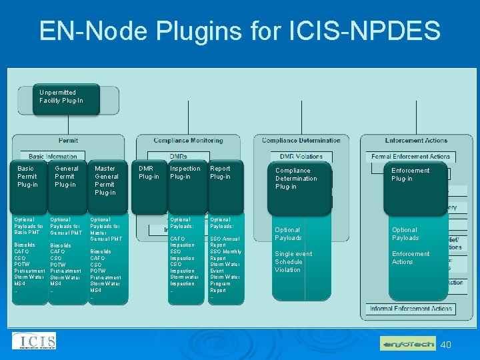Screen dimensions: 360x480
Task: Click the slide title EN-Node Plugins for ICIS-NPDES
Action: pyautogui.click(x=239, y=31)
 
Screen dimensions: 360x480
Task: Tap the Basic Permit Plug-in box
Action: pyautogui.click(x=28, y=177)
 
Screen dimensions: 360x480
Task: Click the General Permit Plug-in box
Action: pyautogui.click(x=66, y=177)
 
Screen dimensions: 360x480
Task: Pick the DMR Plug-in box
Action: pyautogui.click(x=149, y=173)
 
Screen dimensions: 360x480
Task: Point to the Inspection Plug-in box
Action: pyautogui.click(x=185, y=173)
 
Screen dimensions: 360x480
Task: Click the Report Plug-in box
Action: pyautogui.click(x=223, y=173)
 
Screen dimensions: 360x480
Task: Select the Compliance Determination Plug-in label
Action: pyautogui.click(x=297, y=179)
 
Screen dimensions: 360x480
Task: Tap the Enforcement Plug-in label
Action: pyautogui.click(x=410, y=175)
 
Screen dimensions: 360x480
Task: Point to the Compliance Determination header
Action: pyautogui.click(x=301, y=141)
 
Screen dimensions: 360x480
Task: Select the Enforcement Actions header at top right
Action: pyautogui.click(x=416, y=141)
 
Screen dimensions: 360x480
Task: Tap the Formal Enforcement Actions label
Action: pyautogui.click(x=411, y=157)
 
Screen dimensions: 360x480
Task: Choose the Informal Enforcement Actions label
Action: pyautogui.click(x=411, y=308)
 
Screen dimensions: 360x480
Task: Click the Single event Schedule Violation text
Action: pyautogui.click(x=293, y=262)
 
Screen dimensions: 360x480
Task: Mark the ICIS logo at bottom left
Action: pyautogui.click(x=33, y=341)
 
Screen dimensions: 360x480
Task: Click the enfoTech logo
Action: pyautogui.click(x=407, y=344)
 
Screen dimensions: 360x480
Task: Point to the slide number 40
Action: pyautogui.click(x=446, y=345)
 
